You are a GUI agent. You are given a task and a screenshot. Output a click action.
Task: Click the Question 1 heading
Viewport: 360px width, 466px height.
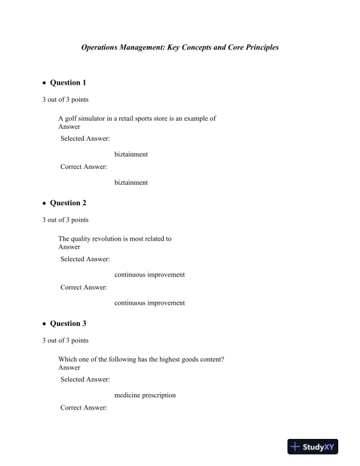click(68, 82)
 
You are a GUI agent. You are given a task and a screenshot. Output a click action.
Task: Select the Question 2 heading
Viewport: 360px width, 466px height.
click(68, 203)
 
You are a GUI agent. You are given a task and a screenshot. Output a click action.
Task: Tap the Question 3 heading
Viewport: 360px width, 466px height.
click(68, 324)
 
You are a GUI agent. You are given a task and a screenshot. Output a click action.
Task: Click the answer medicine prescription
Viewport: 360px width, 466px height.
click(145, 395)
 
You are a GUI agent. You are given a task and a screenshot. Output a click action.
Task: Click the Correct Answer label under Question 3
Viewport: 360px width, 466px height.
click(84, 408)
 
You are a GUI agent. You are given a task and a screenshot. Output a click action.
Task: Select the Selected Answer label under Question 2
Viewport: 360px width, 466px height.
click(85, 259)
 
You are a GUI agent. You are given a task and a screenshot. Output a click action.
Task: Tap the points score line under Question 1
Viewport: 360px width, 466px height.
click(65, 99)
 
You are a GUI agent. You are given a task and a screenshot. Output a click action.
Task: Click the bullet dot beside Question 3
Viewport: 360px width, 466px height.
click(44, 324)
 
